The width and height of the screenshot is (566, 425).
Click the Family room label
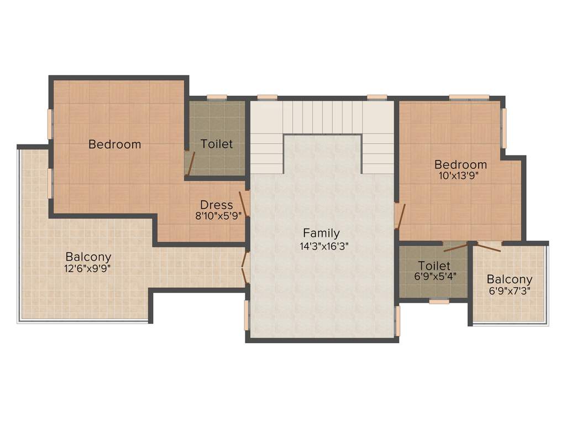tap(321, 233)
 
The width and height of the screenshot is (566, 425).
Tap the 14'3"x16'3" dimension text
tap(324, 247)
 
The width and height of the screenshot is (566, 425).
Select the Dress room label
tap(217, 205)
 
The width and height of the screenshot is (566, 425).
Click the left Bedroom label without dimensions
tap(115, 144)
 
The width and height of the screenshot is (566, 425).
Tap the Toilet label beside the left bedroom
tap(217, 144)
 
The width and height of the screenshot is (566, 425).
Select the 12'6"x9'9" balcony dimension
tap(89, 269)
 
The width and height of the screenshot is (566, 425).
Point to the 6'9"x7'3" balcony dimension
tap(510, 292)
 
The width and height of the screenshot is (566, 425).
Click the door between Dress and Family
tap(244, 203)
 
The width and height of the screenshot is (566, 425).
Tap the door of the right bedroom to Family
tap(400, 216)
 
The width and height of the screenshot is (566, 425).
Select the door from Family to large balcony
tap(244, 268)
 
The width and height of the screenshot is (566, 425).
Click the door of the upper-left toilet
tap(190, 163)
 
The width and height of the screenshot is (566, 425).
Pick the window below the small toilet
tap(439, 302)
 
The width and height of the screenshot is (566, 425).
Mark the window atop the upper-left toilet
tap(217, 97)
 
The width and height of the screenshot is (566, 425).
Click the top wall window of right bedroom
tap(469, 97)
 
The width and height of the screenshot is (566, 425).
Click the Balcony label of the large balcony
tap(88, 257)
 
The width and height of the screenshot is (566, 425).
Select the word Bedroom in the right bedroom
tap(460, 165)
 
